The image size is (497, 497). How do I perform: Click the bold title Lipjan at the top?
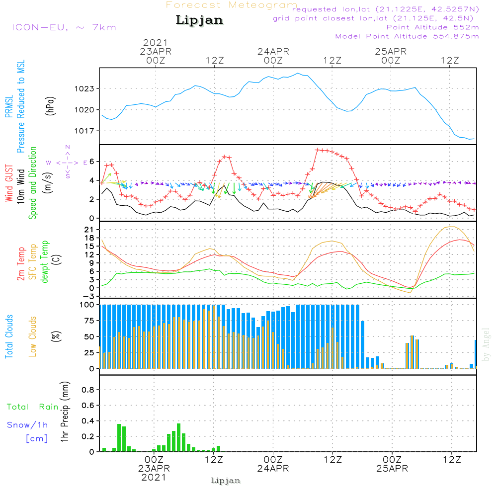pos(199,20)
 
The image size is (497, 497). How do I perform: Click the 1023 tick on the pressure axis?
pos(84,89)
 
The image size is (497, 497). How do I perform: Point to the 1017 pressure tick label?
pos(84,131)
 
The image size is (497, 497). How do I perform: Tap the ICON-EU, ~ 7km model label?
pos(64,27)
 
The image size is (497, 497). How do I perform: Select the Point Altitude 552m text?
pos(433,27)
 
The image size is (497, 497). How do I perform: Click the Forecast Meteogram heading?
pos(232,5)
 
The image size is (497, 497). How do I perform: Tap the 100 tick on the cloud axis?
pos(87,305)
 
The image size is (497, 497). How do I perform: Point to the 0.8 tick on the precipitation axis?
pos(88,390)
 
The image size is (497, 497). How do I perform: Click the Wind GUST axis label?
pos(9,183)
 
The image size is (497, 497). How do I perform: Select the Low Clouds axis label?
pos(33,336)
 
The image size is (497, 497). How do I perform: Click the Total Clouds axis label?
pos(9,336)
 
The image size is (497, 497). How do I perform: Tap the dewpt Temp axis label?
pos(44,261)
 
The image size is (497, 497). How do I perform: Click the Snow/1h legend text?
pos(27,425)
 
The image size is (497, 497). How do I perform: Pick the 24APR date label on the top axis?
pos(273,52)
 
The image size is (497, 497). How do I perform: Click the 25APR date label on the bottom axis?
pos(392,469)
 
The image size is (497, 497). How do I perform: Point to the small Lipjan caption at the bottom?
pos(225,481)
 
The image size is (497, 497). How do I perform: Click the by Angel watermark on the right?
pos(486,344)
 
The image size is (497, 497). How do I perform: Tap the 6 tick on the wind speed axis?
pos(92,162)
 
